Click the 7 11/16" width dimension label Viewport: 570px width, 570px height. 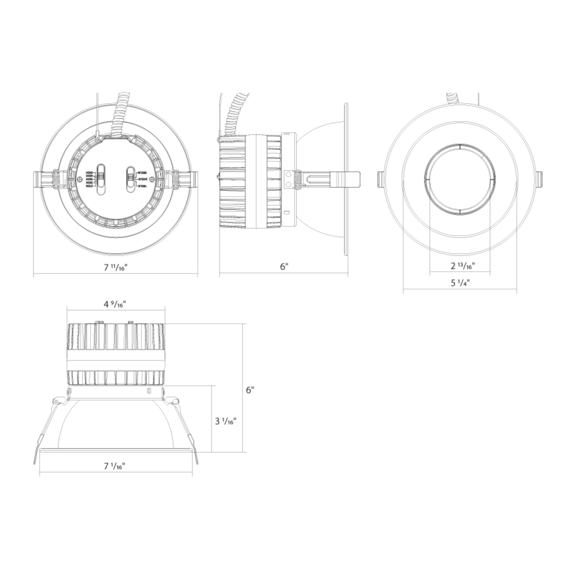point(115,267)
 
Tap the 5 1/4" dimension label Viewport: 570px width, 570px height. point(460,283)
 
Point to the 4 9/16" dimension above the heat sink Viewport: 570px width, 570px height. point(115,304)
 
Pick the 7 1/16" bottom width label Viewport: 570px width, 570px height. point(115,466)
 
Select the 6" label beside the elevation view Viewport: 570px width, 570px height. point(250,390)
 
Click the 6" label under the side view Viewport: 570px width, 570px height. point(284,267)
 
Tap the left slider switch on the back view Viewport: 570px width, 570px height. point(101,179)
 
